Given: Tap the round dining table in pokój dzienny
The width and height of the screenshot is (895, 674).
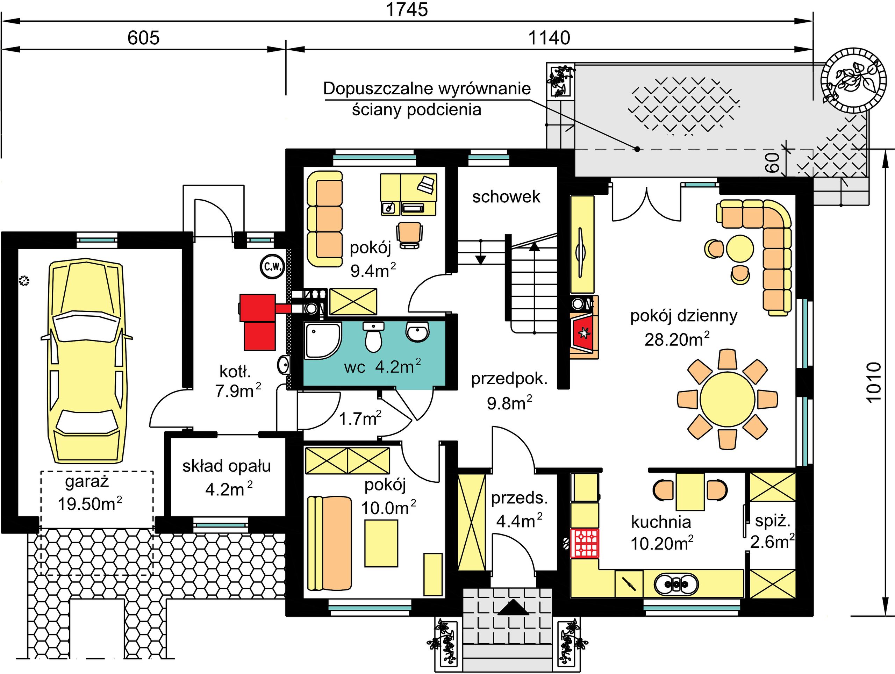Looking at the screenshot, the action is coord(727,399).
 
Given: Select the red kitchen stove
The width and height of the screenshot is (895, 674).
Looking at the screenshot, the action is coord(584,543).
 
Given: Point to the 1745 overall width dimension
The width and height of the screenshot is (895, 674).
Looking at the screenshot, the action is coord(407,10).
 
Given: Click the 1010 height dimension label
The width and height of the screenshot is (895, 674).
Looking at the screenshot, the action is coord(874,381).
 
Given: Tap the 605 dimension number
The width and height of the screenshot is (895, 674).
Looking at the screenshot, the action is coord(144,38).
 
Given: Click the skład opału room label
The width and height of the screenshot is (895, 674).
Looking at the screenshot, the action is coord(227,466).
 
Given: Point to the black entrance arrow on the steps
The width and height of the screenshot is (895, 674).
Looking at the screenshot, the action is coord(513,607).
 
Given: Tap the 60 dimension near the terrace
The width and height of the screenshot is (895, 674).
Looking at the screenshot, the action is coord(772,162).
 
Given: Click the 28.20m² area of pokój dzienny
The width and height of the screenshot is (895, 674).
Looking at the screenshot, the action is coord(677,339).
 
